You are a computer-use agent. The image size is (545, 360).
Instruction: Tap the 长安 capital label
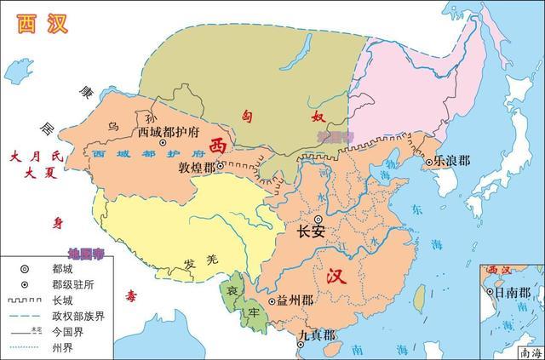pos(311,231)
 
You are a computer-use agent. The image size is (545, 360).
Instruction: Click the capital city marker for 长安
pos(318,219)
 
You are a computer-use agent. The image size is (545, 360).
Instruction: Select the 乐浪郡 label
pos(452,159)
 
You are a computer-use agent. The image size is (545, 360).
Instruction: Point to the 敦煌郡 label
pos(197,168)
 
